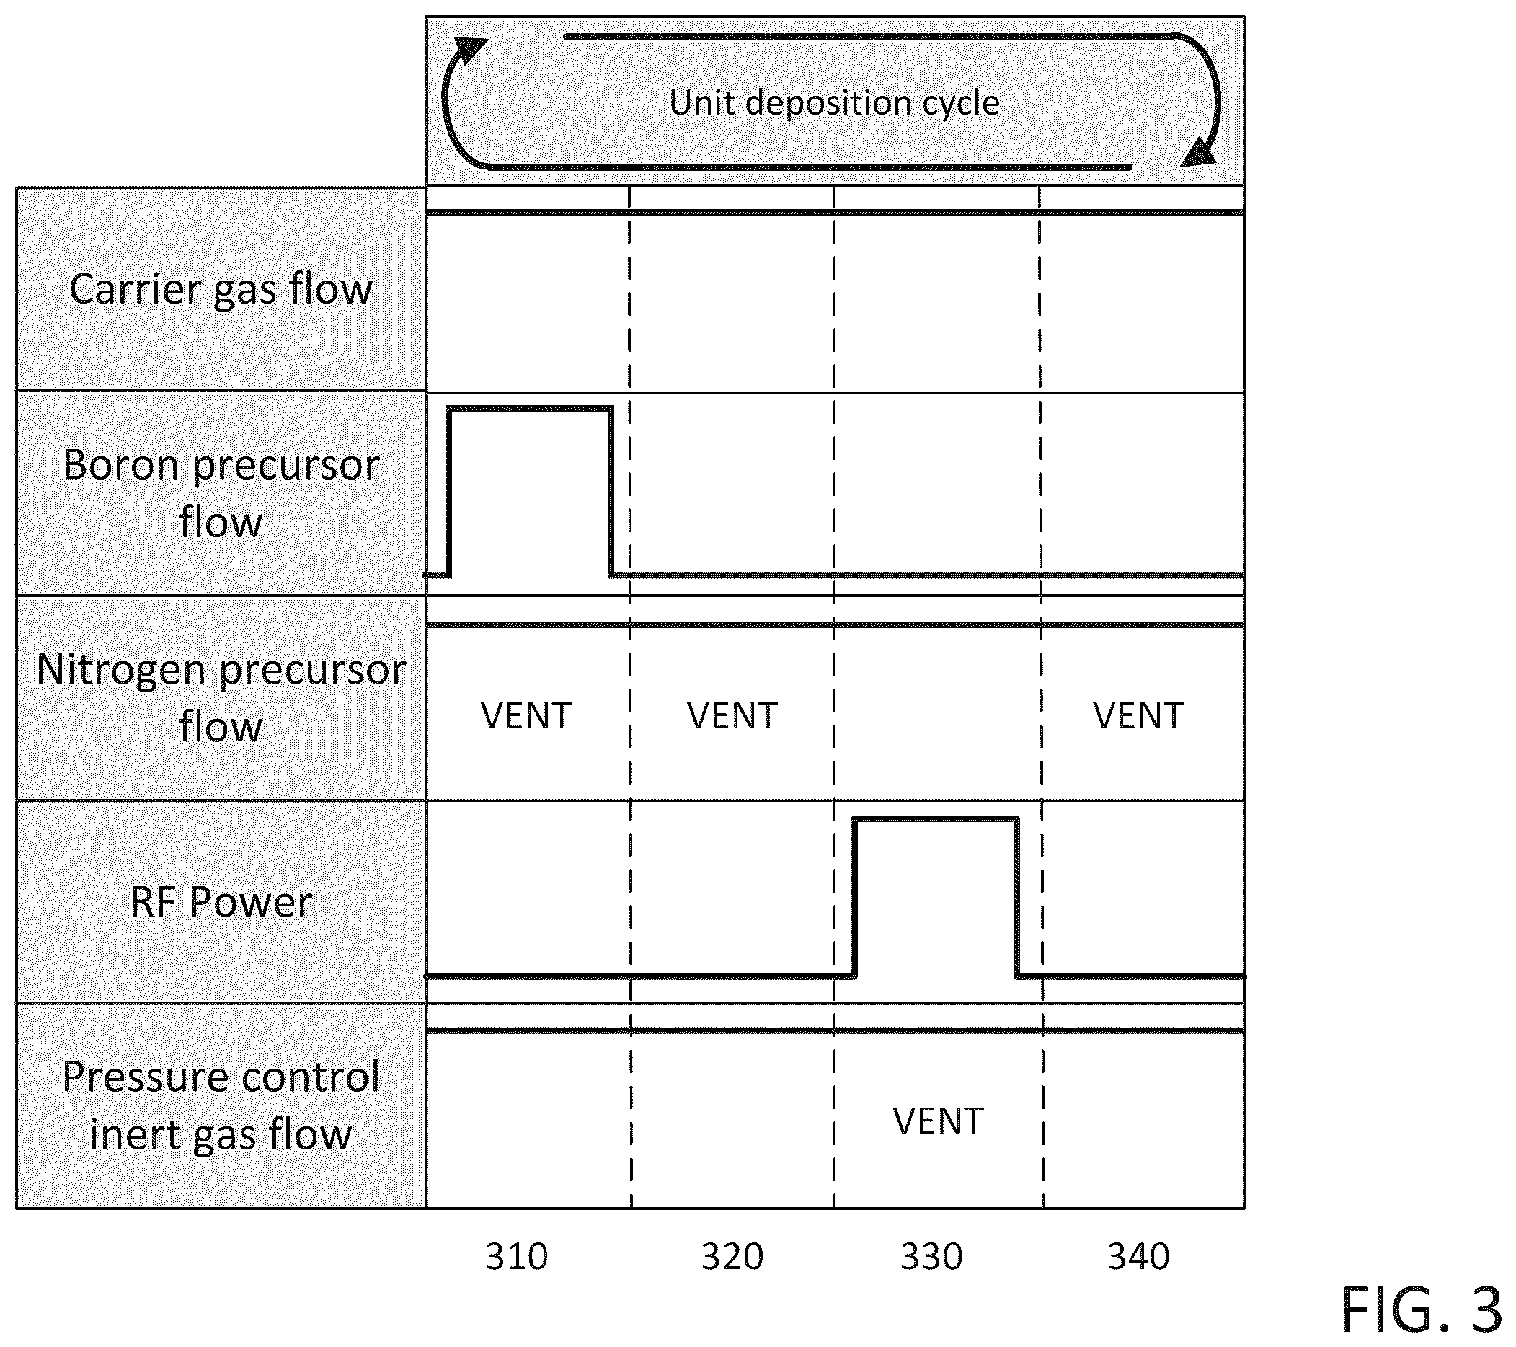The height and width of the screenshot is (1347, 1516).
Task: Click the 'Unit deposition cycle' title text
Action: click(834, 103)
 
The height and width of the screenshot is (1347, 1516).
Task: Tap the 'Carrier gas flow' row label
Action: click(221, 288)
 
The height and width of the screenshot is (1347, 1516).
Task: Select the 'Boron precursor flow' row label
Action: click(221, 493)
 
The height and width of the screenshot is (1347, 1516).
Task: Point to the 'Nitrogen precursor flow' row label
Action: click(221, 697)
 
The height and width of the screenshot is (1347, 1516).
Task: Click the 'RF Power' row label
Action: click(221, 902)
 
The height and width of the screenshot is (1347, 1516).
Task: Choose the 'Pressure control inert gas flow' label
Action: click(221, 1106)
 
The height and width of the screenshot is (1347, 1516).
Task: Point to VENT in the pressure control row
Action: click(939, 1121)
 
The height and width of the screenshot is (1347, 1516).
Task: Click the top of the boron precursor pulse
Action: click(530, 408)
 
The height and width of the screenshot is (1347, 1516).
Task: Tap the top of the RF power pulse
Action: click(936, 819)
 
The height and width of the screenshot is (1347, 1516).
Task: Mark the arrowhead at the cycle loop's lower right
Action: click(1198, 151)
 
